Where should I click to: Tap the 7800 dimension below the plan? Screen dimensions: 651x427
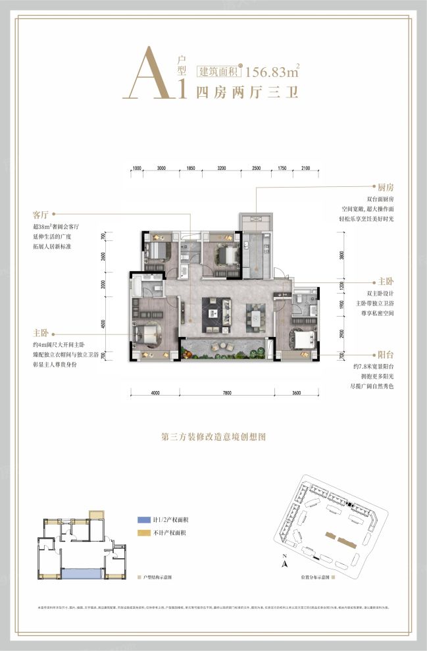pos(227,393)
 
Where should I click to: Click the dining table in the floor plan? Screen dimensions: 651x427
pos(255,316)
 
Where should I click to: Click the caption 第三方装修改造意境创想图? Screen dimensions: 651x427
pos(213,436)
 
